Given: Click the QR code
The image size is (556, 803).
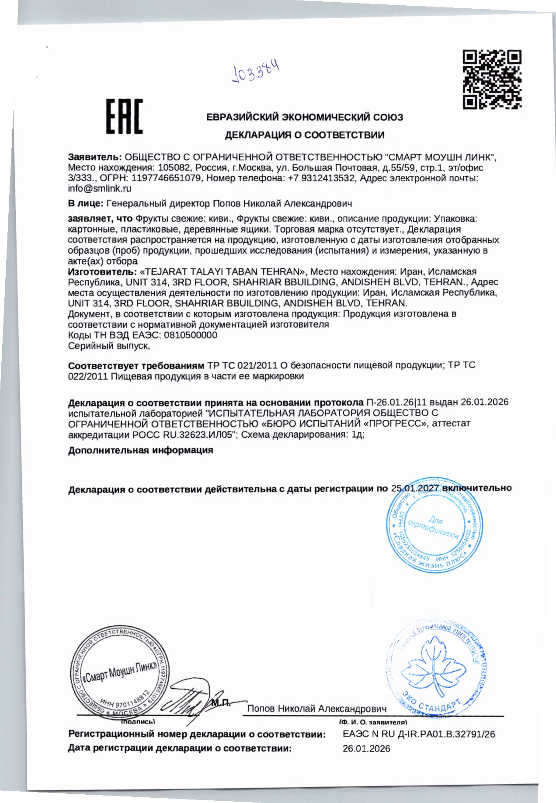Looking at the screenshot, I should point(492,79).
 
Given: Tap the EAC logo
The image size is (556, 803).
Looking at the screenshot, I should point(125,116).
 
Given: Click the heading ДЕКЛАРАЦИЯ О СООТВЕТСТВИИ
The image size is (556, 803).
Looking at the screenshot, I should point(305,135).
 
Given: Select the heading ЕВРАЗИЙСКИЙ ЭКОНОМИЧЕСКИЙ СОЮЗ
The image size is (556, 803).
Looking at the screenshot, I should point(305,117).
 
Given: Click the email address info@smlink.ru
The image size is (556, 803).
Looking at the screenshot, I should point(100,189).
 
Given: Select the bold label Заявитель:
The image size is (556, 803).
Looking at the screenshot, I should point(95,157).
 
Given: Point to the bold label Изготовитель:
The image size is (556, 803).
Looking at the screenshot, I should point(102,271).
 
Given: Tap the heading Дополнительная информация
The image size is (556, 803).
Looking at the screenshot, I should point(140,450).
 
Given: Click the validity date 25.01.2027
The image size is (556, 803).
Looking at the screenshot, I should point(415,488).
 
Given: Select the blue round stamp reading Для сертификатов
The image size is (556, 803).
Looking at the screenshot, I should point(434,525).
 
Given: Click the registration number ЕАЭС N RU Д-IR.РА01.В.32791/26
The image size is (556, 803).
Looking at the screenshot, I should point(419,734).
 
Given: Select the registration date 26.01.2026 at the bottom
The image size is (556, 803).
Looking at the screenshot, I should point(366,749).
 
